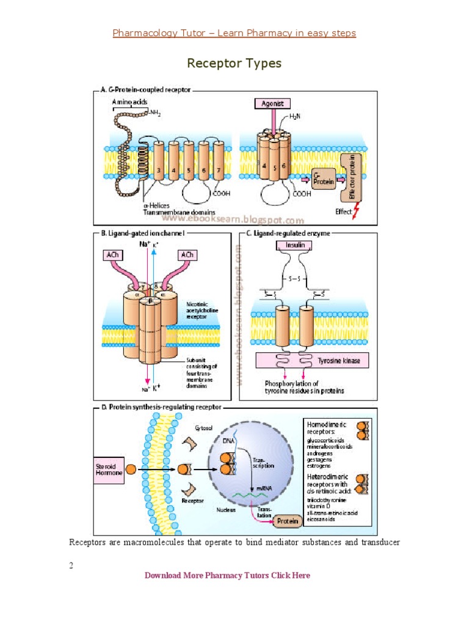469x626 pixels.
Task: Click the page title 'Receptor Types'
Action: coord(234,64)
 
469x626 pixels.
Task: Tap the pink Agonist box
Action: coord(272,104)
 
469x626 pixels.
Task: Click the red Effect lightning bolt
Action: coord(357,212)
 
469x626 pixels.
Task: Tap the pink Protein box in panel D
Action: coord(288,521)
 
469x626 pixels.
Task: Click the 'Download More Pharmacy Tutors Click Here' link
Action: coord(227,575)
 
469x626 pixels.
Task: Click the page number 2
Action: coord(71,565)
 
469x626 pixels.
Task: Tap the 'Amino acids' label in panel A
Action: coord(129,101)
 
